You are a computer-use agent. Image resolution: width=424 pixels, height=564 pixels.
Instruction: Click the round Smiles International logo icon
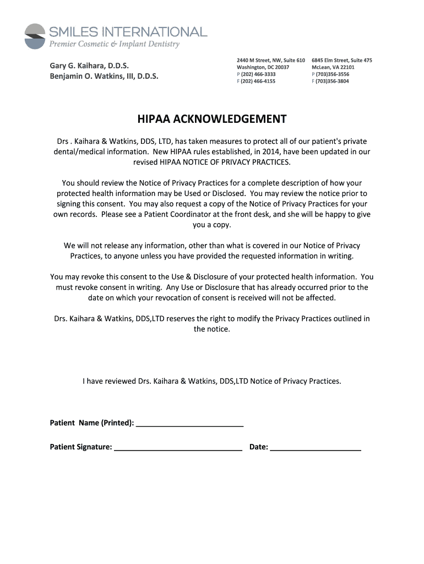point(35,36)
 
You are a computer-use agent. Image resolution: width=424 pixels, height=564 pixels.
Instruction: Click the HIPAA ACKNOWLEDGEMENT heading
point(212,120)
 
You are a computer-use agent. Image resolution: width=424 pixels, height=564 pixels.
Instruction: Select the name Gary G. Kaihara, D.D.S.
point(89,66)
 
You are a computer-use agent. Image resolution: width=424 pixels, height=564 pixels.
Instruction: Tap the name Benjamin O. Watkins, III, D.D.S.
point(104,77)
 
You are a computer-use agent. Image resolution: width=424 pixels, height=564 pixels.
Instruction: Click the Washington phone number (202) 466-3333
point(258,74)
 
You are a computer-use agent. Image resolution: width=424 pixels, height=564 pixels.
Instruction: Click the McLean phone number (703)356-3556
point(332,74)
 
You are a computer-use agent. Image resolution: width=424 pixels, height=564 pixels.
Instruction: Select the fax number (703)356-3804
point(332,81)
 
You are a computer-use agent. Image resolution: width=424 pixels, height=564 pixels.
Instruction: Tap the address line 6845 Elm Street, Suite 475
point(341,59)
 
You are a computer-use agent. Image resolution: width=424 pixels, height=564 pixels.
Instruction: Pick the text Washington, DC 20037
point(263,67)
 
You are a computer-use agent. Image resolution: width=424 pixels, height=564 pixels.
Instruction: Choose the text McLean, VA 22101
point(333,67)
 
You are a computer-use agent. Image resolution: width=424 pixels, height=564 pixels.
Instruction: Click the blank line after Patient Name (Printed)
point(189,423)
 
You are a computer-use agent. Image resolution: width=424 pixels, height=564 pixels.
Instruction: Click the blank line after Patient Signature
point(178,447)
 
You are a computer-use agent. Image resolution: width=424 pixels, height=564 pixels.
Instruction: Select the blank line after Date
point(316,447)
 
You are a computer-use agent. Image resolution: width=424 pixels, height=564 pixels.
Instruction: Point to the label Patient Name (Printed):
point(92,423)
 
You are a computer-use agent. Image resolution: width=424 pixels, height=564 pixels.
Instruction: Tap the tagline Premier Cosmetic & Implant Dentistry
point(115,44)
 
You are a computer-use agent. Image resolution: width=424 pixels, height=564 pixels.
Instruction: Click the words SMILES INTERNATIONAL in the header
point(128,31)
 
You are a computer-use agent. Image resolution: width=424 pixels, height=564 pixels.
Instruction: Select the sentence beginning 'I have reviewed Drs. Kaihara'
point(212,381)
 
